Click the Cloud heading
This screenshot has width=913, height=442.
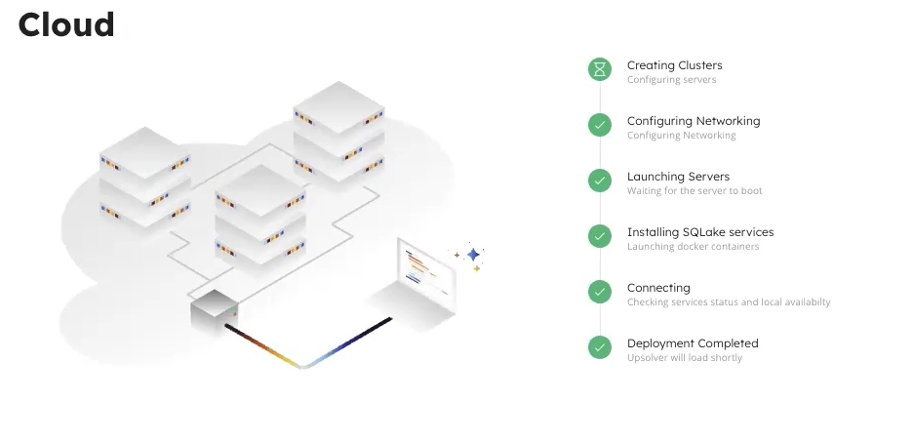(66, 24)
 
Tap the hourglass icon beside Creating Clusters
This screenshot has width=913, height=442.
(600, 68)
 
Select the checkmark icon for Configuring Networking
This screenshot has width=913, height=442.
(600, 124)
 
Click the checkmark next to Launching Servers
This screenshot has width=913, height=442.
(600, 180)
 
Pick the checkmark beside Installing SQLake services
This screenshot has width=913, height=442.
(600, 235)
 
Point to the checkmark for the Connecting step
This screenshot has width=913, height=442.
(600, 291)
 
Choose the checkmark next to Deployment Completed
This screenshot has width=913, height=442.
(600, 346)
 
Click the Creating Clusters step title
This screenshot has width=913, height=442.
(674, 65)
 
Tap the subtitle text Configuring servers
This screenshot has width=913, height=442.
(671, 80)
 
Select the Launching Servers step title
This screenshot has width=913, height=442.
(678, 177)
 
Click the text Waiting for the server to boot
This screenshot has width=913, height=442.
(695, 191)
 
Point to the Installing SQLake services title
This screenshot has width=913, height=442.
(699, 232)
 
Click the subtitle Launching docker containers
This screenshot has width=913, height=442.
(693, 247)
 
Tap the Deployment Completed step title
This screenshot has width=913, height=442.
(692, 343)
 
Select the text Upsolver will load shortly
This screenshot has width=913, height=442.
(684, 358)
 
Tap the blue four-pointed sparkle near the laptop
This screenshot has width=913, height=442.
(473, 255)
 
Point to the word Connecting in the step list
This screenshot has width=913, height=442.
(658, 288)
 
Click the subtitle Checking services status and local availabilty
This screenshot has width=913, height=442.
(729, 302)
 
